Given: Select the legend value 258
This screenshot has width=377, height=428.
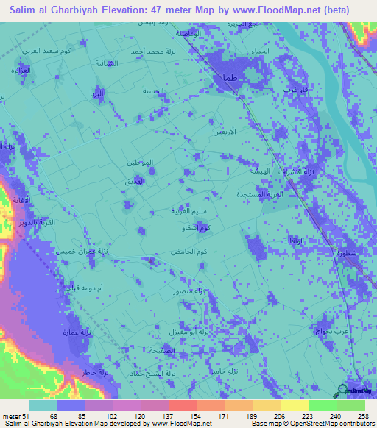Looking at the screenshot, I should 360,415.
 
